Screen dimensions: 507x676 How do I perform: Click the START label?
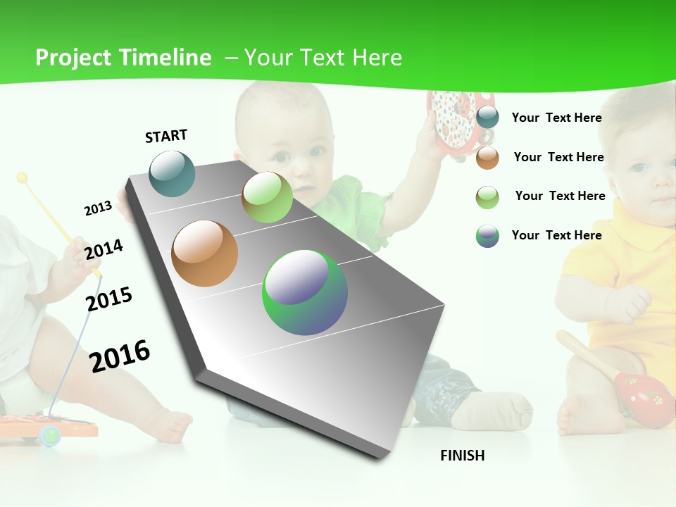tap(166, 136)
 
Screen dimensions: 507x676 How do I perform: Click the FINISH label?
tap(463, 456)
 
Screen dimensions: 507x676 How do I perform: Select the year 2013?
tap(98, 208)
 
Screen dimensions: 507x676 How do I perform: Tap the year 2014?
tap(104, 249)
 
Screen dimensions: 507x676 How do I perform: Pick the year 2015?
tap(109, 299)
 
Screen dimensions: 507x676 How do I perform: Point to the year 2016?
tap(120, 356)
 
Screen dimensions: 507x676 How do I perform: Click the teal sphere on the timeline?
tap(173, 173)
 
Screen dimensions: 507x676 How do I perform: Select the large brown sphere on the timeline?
tap(205, 254)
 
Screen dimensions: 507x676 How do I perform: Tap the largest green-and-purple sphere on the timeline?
tap(305, 292)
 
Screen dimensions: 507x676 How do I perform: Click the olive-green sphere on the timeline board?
tap(267, 197)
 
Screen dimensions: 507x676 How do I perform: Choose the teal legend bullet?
tap(487, 118)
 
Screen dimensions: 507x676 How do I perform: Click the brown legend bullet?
tap(487, 158)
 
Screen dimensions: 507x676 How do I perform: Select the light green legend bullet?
tap(487, 197)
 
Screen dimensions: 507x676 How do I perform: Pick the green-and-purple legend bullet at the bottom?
tap(487, 236)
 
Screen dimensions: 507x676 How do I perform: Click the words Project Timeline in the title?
tap(123, 58)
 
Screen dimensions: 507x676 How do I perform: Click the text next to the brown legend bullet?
tap(558, 157)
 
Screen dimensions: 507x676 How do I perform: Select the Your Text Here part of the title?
tap(323, 58)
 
